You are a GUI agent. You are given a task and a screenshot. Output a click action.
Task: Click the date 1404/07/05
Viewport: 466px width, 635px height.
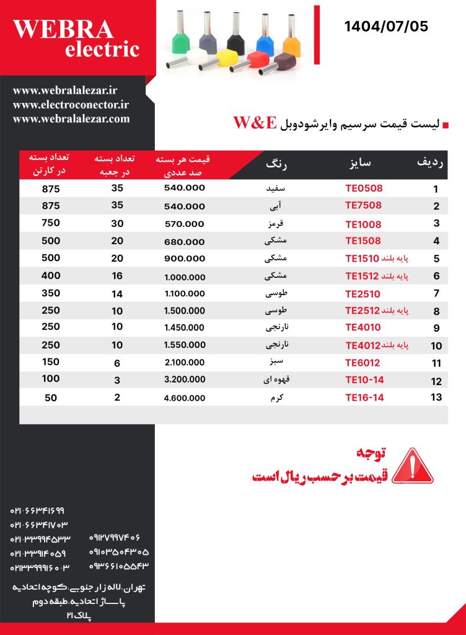point(386,27)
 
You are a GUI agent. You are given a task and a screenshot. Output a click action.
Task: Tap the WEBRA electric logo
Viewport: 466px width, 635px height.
point(76,38)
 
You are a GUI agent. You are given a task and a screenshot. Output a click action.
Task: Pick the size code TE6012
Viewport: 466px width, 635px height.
point(363,363)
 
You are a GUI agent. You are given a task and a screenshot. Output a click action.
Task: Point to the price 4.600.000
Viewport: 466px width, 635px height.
point(184,398)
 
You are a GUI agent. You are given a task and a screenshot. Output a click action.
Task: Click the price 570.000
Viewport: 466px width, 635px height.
point(184,224)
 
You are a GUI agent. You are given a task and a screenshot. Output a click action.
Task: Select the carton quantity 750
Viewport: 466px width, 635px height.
point(51,223)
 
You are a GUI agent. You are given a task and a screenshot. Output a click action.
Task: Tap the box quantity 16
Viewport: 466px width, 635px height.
point(117,275)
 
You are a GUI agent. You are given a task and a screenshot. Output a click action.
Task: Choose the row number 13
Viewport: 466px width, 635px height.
point(436,397)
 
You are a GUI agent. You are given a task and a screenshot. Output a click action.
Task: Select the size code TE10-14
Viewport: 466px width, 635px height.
point(364,381)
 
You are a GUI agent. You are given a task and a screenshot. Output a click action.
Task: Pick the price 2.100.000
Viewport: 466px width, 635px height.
point(184,363)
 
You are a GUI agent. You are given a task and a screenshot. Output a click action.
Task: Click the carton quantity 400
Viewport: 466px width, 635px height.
point(51,275)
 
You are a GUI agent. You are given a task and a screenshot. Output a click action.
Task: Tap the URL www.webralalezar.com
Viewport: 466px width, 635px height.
point(71,118)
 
